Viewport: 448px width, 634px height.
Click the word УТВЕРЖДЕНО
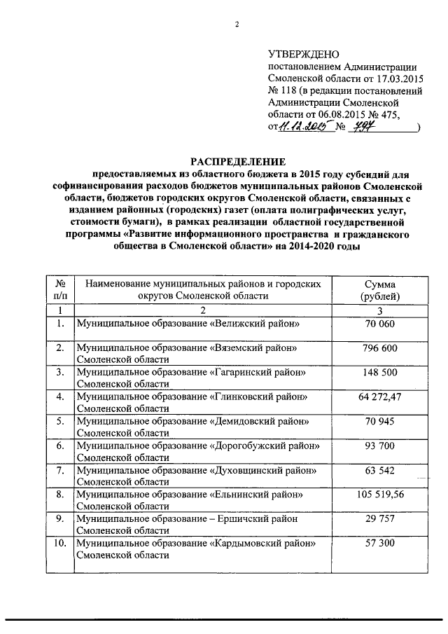point(303,55)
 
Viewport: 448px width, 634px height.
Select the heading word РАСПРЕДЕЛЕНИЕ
point(236,160)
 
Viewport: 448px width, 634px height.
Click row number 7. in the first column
point(61,469)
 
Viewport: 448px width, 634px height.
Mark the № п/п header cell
point(61,290)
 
